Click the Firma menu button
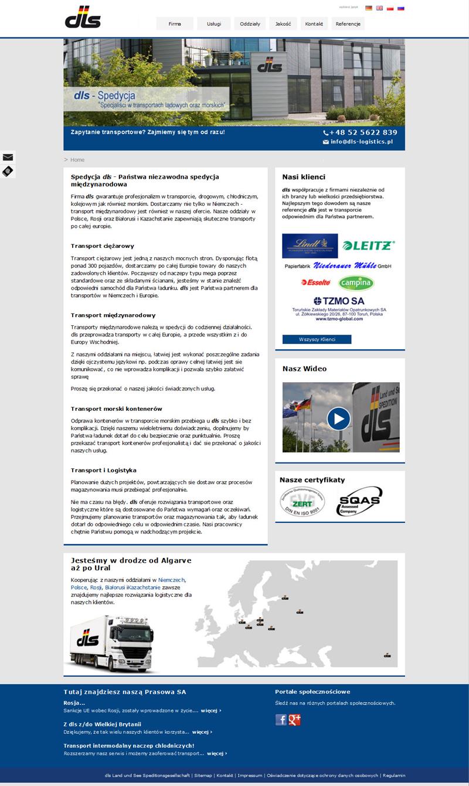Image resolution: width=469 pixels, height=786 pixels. click(175, 24)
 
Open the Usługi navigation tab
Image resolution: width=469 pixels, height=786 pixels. click(213, 24)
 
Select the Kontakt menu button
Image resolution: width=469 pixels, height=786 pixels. click(314, 24)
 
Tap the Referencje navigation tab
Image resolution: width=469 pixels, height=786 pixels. click(348, 24)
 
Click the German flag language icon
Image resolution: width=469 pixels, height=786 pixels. click(369, 8)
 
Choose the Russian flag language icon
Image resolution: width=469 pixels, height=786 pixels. click(401, 8)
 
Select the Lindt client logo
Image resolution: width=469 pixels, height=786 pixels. click(310, 246)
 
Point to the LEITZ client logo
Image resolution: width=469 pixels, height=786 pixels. click(369, 245)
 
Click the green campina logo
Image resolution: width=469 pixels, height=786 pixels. click(356, 283)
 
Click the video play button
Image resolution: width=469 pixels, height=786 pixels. click(338, 418)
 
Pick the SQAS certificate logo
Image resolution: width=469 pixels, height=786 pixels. click(359, 502)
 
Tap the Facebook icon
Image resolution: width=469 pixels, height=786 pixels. click(281, 720)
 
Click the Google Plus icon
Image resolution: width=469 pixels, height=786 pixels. click(294, 720)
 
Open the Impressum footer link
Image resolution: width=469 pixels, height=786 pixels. click(250, 775)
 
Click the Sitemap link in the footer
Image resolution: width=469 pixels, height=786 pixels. click(203, 775)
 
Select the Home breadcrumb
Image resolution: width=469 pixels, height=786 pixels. click(77, 160)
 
